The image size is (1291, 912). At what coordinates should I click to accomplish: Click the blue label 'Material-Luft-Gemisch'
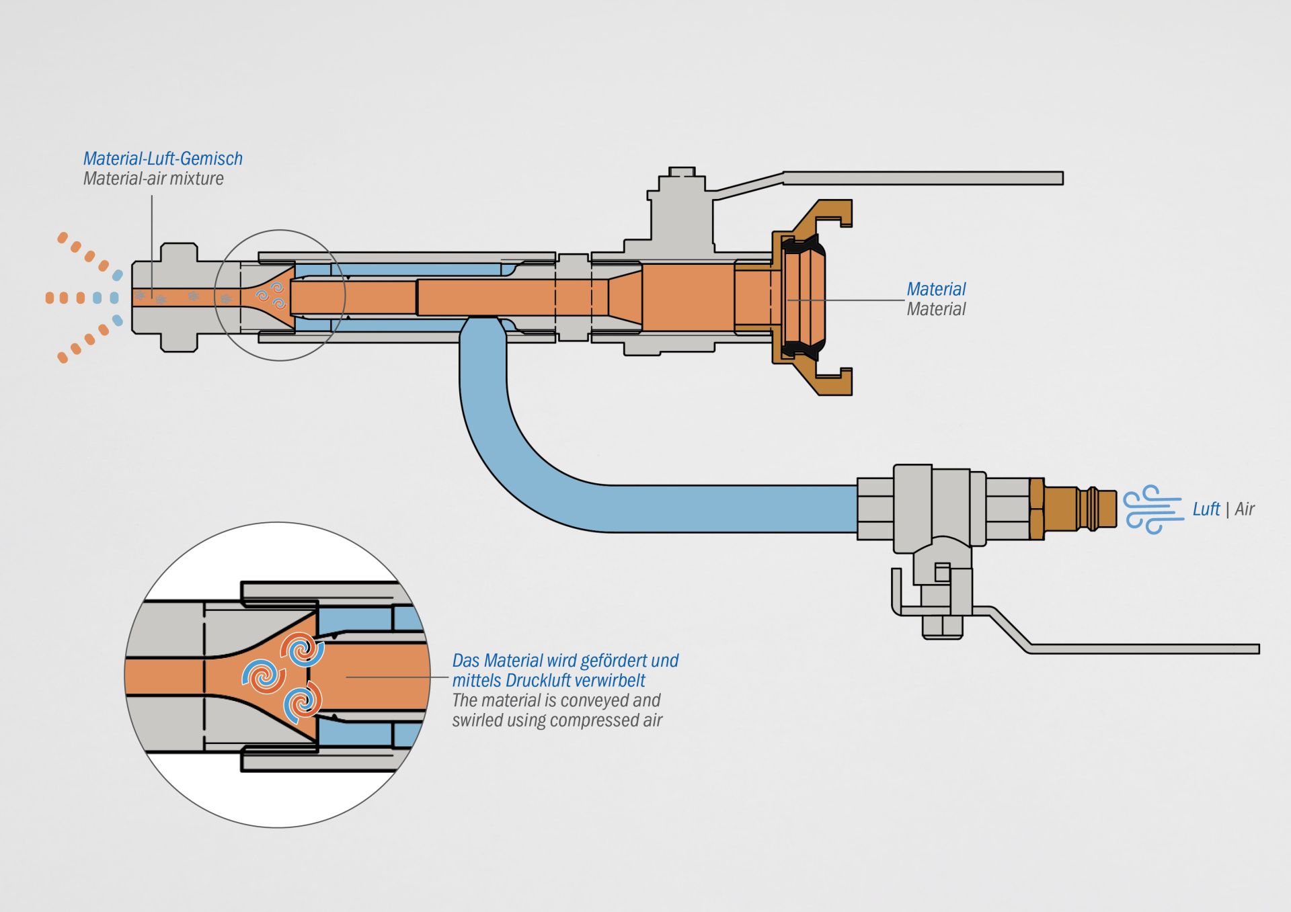point(163,159)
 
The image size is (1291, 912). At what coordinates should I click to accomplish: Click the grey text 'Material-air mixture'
point(153,179)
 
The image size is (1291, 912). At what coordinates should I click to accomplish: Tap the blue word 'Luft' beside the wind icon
point(1206,509)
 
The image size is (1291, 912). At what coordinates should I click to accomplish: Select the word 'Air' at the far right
point(1245,509)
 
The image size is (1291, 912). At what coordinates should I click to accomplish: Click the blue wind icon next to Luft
point(1152,509)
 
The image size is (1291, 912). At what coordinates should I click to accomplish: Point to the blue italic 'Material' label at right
point(936,289)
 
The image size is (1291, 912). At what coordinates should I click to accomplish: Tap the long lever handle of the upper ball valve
point(921,178)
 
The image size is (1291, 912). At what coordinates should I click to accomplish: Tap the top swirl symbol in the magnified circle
point(303,650)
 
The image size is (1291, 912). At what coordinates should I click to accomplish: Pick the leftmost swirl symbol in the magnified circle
point(263,676)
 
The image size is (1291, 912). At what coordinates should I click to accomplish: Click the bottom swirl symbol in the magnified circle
point(303,702)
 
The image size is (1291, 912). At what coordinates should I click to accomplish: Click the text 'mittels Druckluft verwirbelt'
point(549,680)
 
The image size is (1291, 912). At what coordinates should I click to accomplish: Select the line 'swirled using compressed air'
point(557,720)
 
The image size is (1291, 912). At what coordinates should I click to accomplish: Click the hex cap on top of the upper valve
point(681,172)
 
